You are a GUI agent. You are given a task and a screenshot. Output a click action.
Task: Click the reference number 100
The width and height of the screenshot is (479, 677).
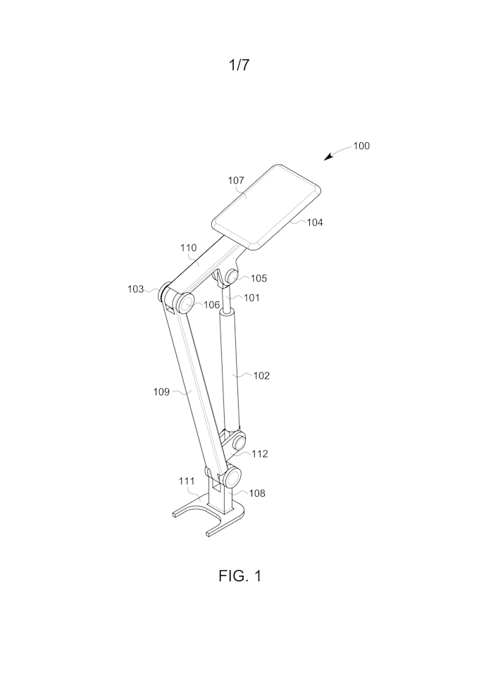tap(361, 146)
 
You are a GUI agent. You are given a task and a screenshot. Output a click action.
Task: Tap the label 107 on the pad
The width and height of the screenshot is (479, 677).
tap(236, 181)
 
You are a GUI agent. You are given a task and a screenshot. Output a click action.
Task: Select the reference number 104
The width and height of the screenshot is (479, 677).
tap(314, 222)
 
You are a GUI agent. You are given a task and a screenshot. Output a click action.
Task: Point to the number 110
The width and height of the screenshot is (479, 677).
tap(188, 248)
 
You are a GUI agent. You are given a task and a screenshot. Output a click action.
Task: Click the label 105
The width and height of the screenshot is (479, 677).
tap(259, 278)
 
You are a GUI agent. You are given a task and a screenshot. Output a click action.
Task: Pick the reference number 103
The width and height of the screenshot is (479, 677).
tap(135, 289)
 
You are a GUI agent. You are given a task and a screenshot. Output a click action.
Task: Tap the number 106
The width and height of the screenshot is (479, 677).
tap(212, 305)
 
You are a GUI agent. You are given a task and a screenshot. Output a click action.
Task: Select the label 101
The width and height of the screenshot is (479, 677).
tap(252, 297)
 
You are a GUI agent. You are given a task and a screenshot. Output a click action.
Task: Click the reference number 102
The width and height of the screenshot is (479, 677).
tap(261, 376)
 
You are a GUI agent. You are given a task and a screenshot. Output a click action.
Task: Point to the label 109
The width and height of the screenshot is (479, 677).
tap(161, 392)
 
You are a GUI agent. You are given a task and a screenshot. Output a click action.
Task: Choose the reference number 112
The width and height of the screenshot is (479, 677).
tap(260, 454)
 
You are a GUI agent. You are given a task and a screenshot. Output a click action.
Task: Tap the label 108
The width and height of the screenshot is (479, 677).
tap(257, 493)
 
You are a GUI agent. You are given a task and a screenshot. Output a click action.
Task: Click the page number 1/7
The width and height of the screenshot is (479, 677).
tap(239, 65)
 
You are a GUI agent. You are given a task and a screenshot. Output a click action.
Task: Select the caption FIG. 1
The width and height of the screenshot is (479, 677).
tap(239, 576)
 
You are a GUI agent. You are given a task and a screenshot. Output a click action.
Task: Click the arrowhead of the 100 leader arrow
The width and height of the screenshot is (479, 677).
tap(325, 159)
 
